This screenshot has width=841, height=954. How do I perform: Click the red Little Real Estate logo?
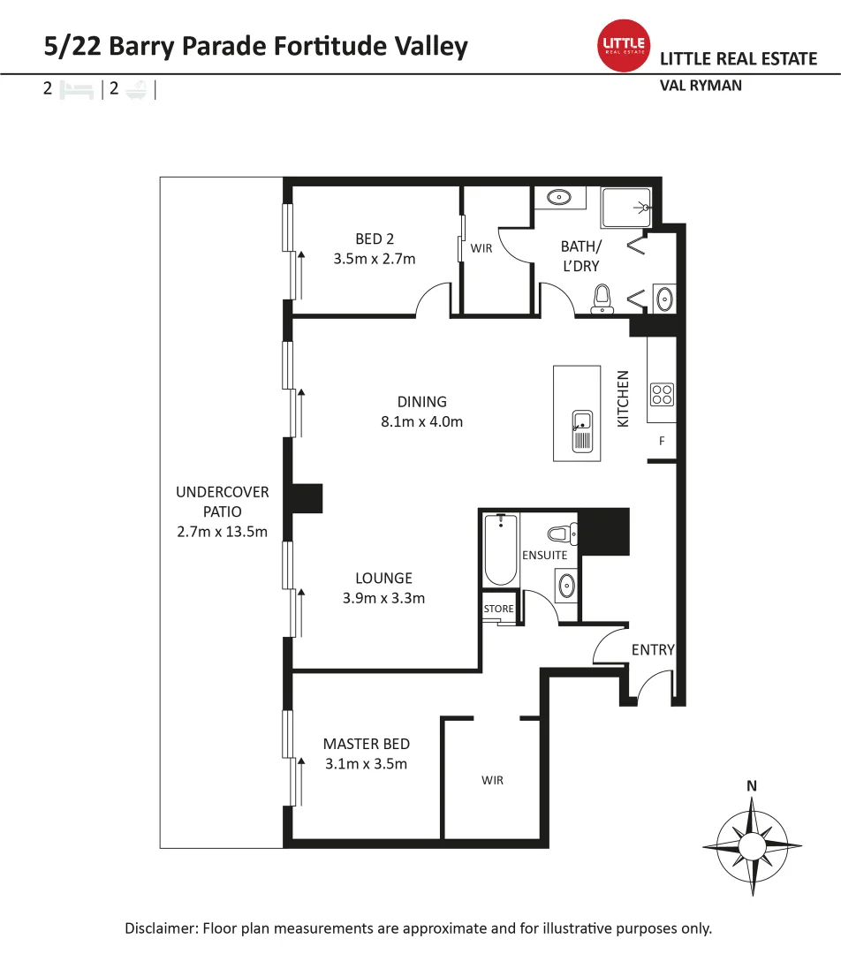[624, 46]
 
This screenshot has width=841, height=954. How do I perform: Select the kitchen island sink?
[583, 431]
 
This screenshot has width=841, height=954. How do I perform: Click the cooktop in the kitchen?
[663, 393]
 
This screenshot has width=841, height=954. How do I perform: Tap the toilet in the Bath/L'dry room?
[603, 299]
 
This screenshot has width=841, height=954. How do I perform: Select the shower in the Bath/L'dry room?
[626, 208]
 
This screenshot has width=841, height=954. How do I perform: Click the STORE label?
[498, 609]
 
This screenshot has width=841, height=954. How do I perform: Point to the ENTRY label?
[653, 650]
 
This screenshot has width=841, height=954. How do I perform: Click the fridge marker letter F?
[662, 440]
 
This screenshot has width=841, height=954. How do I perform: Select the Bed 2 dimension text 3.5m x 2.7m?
[375, 259]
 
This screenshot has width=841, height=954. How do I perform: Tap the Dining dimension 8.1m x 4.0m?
[421, 421]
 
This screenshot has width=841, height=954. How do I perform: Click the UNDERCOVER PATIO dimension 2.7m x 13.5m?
[222, 531]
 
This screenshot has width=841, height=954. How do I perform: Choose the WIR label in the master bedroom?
[492, 780]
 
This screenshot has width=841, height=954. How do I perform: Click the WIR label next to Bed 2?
[481, 248]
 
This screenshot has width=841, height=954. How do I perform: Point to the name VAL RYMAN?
[701, 86]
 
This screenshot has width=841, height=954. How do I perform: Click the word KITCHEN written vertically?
[623, 399]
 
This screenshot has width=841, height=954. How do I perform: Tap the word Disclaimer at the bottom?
[161, 928]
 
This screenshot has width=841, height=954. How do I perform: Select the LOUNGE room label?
[383, 579]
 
